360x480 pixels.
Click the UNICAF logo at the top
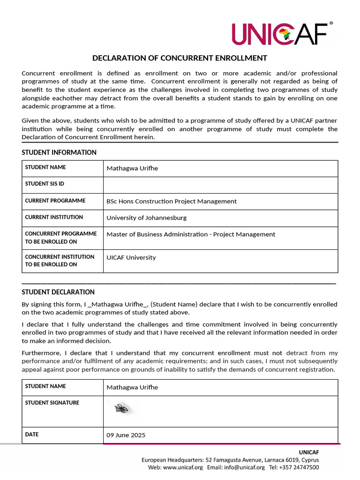tap(282, 33)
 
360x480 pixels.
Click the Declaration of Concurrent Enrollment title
tap(180, 58)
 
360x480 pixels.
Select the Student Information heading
tap(59, 152)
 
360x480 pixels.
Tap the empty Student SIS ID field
tap(220, 185)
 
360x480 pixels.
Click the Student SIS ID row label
tap(45, 184)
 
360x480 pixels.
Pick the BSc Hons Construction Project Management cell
tap(172, 201)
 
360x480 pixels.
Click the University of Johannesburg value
tap(146, 217)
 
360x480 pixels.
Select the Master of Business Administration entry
tap(191, 234)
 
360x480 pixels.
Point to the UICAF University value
tap(131, 257)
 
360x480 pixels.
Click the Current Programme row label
tap(55, 201)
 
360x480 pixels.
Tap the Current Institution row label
tap(54, 217)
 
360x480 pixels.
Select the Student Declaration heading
tap(58, 292)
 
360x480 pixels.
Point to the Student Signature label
tap(52, 403)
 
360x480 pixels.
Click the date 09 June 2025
tap(126, 435)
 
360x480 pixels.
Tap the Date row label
tap(32, 435)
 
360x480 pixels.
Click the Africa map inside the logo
tap(284, 34)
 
